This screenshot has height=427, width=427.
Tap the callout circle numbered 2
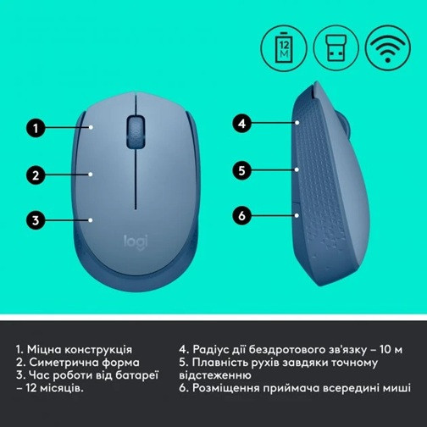(x=35, y=175)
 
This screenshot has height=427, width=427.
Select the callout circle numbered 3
(x=35, y=220)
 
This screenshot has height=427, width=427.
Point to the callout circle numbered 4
(x=241, y=124)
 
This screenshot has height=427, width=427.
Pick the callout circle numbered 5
(x=241, y=169)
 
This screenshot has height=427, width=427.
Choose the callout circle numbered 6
(x=241, y=215)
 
